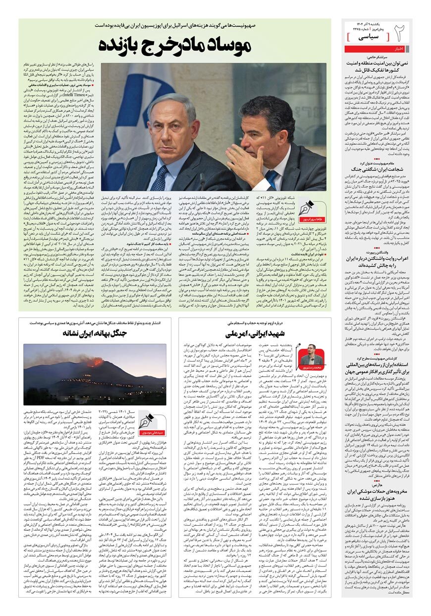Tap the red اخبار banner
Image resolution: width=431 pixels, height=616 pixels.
point(398,49)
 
